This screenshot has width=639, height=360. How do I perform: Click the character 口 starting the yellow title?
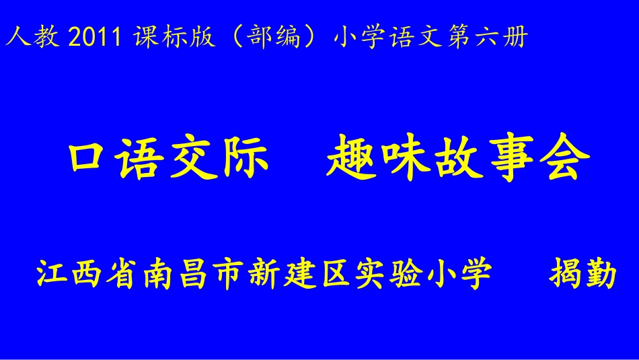90,162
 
